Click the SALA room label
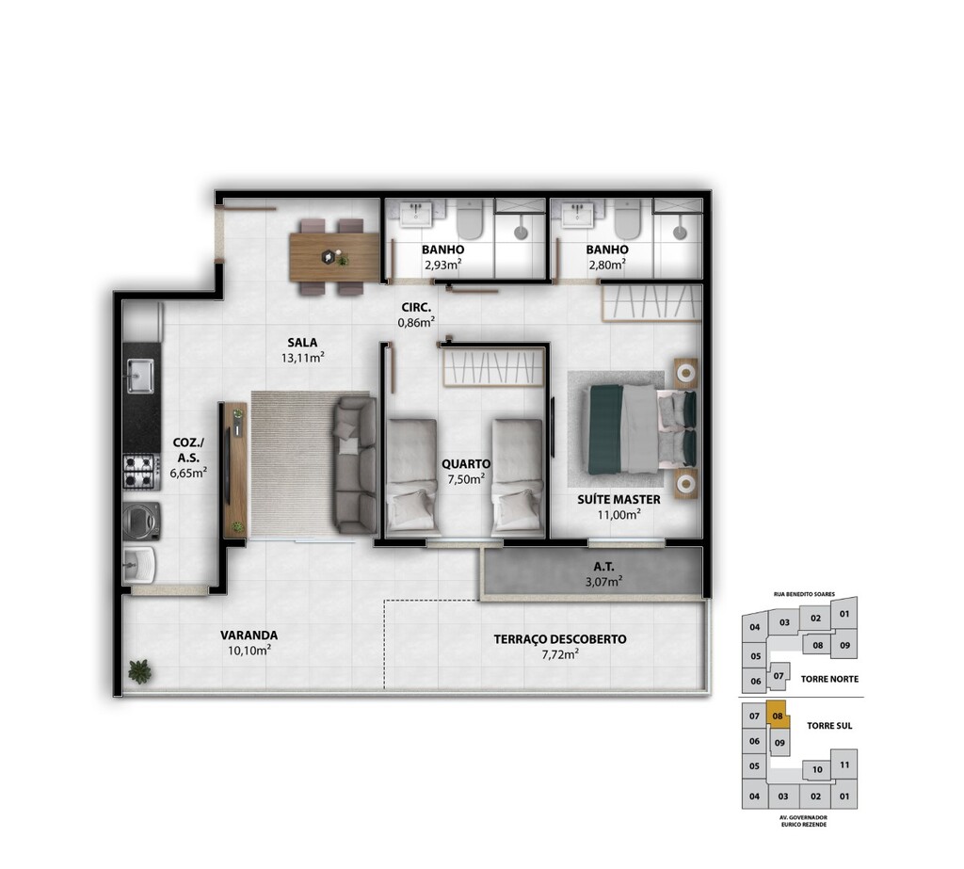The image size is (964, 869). [302, 343]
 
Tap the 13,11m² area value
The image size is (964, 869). [302, 358]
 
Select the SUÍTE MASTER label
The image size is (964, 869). [619, 499]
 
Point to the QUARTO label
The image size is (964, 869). [466, 464]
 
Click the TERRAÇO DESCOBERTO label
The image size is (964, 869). [560, 639]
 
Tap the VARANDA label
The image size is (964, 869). [249, 636]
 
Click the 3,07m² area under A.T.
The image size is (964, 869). [603, 581]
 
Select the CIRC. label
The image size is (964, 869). [416, 308]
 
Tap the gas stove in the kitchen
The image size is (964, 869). [138, 471]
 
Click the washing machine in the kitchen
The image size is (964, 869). [141, 521]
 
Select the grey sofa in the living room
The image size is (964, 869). [355, 465]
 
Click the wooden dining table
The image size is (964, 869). [334, 257]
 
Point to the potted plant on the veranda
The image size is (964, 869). [140, 671]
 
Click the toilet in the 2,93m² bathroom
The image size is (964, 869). [471, 219]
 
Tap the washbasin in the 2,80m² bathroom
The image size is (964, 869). [577, 215]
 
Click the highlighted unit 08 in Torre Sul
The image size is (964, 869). [778, 716]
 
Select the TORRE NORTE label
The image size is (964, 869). [829, 679]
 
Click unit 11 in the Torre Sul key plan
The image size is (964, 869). [844, 765]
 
